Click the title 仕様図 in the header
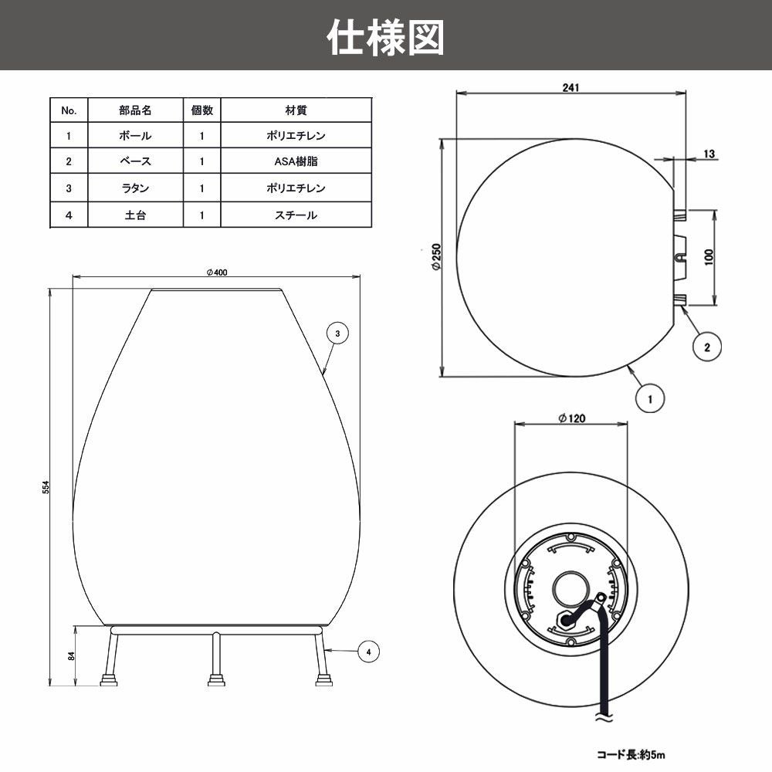tap(385, 36)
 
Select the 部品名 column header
tap(135, 110)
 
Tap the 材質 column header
tap(296, 110)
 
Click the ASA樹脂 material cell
tap(296, 162)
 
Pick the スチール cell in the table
tap(296, 215)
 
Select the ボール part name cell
tap(135, 136)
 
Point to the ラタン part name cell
tap(135, 188)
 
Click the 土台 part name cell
tap(135, 215)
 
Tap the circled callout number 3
tap(337, 333)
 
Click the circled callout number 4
tap(369, 652)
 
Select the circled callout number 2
tap(706, 347)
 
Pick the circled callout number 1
tap(650, 399)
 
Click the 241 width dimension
tap(571, 87)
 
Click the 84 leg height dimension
tap(71, 656)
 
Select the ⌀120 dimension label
tap(571, 418)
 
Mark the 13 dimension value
tap(709, 154)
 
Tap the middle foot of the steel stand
tap(215, 679)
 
